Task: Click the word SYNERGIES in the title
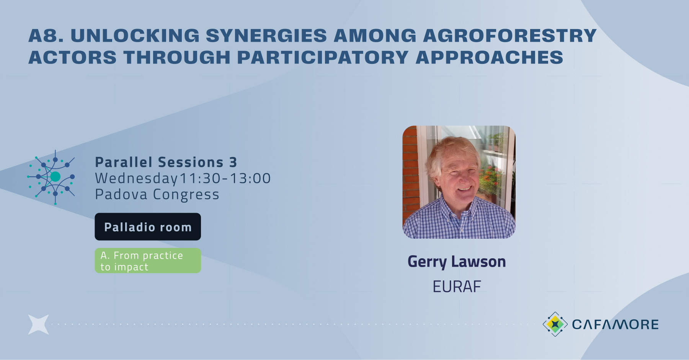[266, 36]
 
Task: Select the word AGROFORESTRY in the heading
[509, 36]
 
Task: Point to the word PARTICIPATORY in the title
[323, 58]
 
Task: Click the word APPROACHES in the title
[489, 58]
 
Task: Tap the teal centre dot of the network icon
[55, 176]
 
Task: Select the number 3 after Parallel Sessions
[233, 163]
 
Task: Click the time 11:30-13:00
[225, 179]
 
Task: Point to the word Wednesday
[136, 179]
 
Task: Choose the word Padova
[121, 195]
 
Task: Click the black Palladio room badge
[148, 227]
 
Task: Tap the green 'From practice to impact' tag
[148, 261]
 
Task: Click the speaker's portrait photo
[459, 182]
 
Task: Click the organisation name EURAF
[457, 287]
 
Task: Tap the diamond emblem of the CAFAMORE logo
[555, 324]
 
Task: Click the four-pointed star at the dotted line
[38, 324]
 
